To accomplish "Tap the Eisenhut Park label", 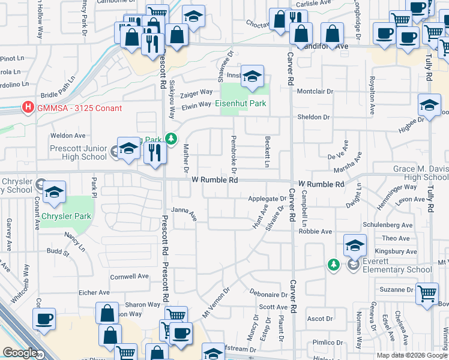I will tap(241, 103).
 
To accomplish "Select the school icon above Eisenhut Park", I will tap(253, 76).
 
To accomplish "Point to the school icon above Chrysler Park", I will tap(54, 191).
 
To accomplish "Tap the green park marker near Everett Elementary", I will tap(333, 265).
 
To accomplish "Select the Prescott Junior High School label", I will tap(79, 153).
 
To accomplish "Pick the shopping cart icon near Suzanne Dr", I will tap(427, 294).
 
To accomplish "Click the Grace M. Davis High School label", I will tap(421, 173).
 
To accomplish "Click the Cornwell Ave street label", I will tap(129, 277).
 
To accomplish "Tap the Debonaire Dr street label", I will tap(268, 295).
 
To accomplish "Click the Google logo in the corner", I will tap(20, 353).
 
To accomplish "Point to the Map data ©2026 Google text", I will tap(411, 355).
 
